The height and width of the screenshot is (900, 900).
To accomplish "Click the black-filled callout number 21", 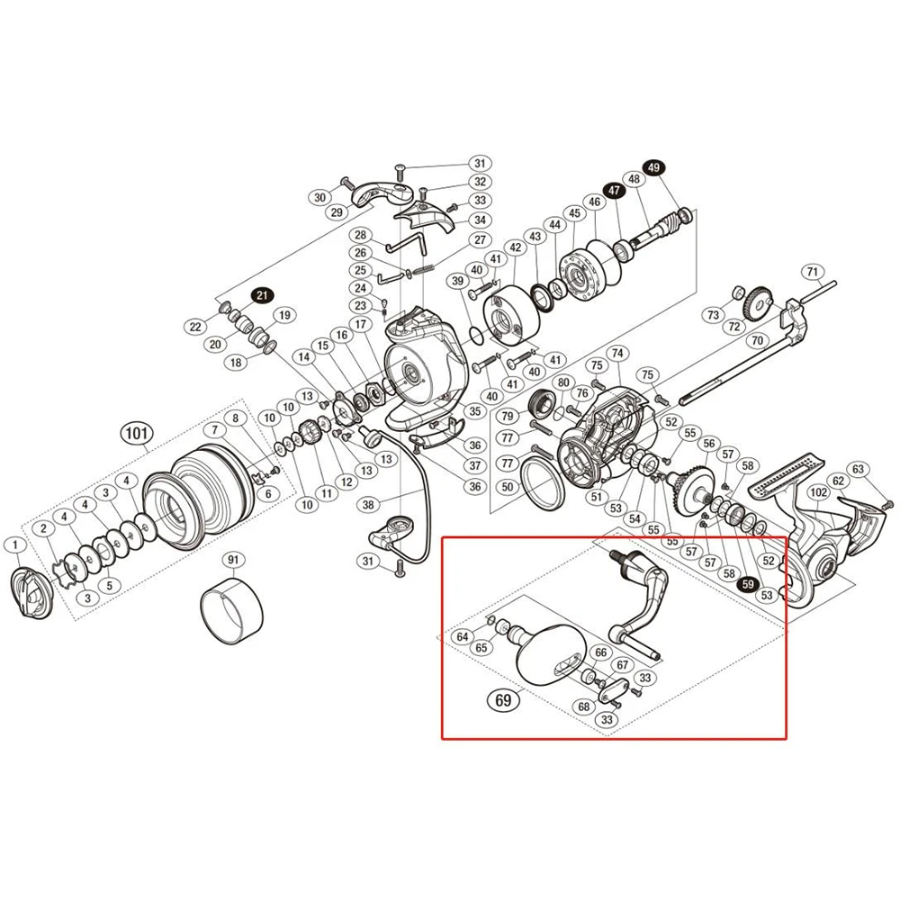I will click(x=262, y=295).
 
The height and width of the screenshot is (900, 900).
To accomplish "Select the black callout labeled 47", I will click(x=614, y=191).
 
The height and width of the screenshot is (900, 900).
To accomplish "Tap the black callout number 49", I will click(x=653, y=167).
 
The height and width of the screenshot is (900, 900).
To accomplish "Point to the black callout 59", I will click(x=746, y=583).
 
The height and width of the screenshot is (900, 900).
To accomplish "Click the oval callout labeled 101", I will click(x=136, y=436).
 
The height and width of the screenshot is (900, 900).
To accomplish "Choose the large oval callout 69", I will click(x=505, y=698).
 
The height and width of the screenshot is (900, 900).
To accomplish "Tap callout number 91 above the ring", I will click(x=233, y=560).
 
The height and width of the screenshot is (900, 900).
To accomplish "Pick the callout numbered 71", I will click(x=813, y=271).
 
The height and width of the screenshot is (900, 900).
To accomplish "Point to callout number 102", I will click(x=818, y=492).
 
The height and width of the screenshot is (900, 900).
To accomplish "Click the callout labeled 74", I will click(x=616, y=354).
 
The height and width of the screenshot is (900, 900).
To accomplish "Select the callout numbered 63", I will click(x=858, y=469).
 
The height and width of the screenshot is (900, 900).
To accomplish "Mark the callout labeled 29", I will click(x=337, y=212).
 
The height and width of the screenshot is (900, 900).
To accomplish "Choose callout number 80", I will click(x=563, y=382).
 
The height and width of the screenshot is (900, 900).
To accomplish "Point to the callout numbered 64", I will click(x=463, y=636).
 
